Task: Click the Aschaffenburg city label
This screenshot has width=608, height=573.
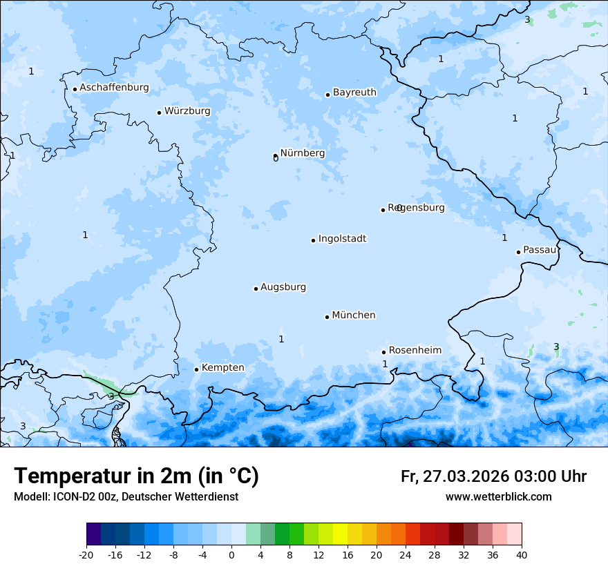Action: [x=114, y=88]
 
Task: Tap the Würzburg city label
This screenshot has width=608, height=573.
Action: [x=187, y=111]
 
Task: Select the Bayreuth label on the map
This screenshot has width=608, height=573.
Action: [x=354, y=93]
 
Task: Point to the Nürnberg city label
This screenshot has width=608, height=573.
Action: [x=302, y=153]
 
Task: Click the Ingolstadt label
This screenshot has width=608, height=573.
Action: [x=342, y=239]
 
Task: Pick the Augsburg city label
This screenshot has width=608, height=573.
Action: [x=283, y=287]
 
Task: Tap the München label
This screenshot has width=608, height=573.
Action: [x=354, y=315]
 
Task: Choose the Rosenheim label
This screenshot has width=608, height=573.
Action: [x=415, y=351]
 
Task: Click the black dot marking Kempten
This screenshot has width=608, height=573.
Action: [x=196, y=369]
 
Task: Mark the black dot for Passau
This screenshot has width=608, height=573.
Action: [x=518, y=252]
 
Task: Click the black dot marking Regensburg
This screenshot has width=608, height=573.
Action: [x=383, y=210]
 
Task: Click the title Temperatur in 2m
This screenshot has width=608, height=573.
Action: [x=136, y=476]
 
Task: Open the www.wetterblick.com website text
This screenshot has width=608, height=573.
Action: [x=498, y=497]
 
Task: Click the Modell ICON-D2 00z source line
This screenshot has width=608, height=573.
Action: [x=126, y=497]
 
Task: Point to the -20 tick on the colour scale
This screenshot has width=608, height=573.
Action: [x=86, y=554]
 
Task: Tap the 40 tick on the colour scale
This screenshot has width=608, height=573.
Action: [x=522, y=554]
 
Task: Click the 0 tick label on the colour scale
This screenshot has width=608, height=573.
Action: [x=231, y=554]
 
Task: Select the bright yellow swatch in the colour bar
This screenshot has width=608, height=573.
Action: [x=340, y=534]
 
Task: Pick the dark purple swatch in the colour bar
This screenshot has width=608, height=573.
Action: [x=94, y=534]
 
